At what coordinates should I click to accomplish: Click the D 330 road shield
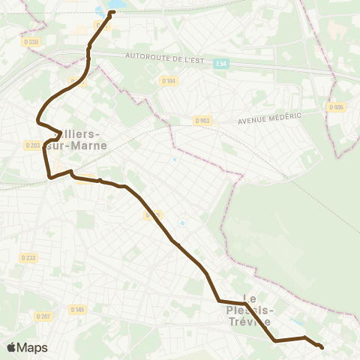coord(31,42)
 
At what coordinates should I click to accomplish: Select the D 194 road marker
coord(169,81)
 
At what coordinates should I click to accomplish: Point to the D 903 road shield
coord(202,120)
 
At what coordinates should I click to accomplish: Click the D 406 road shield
coord(337,107)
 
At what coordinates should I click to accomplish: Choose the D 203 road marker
coord(32,145)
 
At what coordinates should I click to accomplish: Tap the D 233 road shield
coord(28,258)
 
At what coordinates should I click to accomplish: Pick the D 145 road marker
coord(77,309)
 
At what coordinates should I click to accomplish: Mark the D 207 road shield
coord(43,316)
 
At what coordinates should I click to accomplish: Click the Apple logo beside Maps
coord(11,347)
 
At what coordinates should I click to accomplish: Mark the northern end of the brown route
coord(112,12)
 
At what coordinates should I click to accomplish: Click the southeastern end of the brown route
coord(322,347)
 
